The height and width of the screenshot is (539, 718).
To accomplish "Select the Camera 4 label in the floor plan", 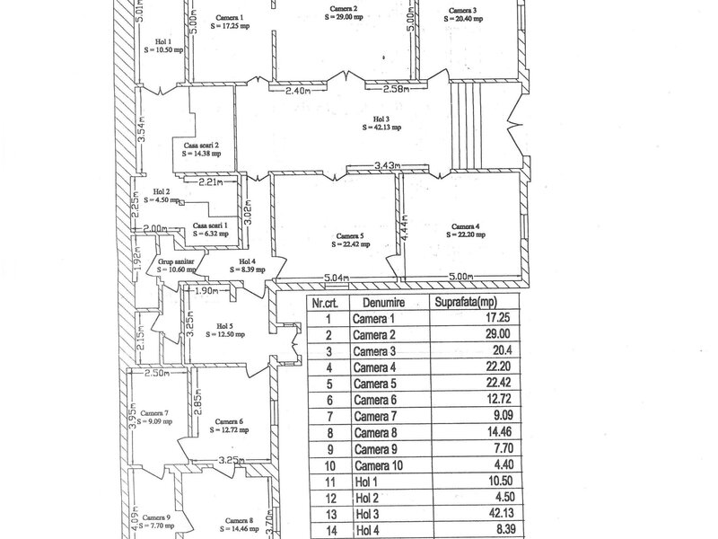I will [x=466, y=226].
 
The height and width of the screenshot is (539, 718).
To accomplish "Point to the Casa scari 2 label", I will [x=202, y=145].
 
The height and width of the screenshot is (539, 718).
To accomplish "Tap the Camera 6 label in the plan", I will [x=229, y=421].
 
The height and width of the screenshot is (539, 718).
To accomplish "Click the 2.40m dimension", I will [x=297, y=91].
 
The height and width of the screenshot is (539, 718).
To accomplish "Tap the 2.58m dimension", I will [x=396, y=90].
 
